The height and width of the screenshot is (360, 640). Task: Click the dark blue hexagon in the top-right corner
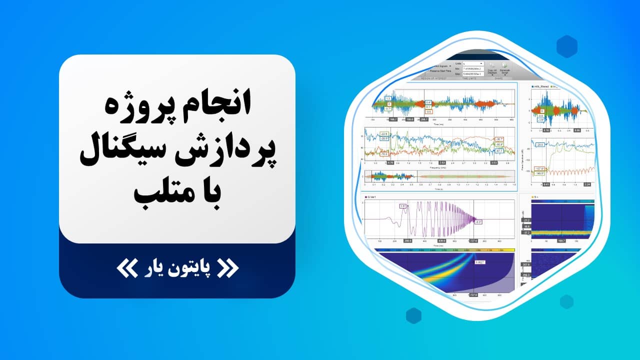click(567, 46)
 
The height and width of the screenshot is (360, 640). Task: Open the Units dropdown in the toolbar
click(473, 63)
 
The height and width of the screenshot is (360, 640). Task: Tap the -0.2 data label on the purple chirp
click(478, 221)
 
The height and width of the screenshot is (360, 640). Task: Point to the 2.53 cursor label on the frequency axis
click(442, 163)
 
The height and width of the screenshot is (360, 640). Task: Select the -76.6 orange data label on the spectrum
click(384, 153)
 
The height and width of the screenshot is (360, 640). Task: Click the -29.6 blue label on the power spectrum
click(540, 144)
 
